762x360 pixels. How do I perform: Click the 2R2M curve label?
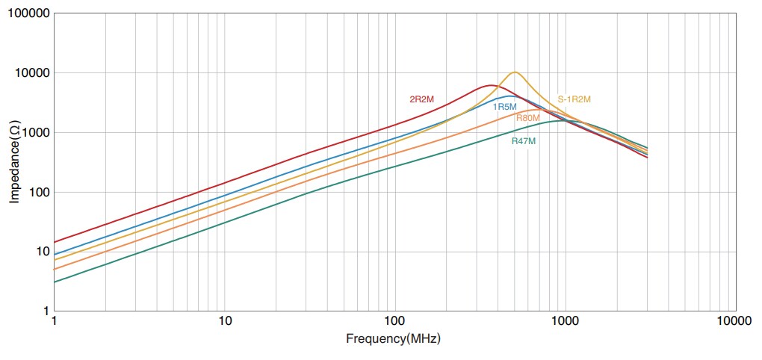point(421,99)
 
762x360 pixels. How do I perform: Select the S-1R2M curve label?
point(574,99)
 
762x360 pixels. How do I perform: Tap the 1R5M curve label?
point(504,107)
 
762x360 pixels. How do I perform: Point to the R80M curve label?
point(527,118)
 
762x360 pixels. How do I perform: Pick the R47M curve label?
point(524,140)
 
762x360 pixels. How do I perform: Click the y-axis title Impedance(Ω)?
point(15,163)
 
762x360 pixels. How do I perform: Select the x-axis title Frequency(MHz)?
point(393,338)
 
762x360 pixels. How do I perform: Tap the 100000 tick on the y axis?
point(30,14)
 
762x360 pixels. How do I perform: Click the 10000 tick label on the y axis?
point(33,73)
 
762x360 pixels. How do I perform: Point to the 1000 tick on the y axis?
point(36,133)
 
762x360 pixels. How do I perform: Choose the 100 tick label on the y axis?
point(39,192)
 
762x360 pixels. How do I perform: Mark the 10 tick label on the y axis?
point(42,252)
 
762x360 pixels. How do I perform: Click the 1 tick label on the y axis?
point(45,311)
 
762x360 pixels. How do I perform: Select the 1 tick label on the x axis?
point(55,322)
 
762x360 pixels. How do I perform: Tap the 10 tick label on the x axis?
point(225,322)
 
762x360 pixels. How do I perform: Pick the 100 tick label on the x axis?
point(394,322)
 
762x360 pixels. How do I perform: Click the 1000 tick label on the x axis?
point(565,322)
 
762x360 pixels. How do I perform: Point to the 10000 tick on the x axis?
point(735,322)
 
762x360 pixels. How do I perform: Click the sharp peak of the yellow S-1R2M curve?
point(515,72)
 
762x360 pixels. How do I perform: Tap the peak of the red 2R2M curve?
point(489,85)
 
